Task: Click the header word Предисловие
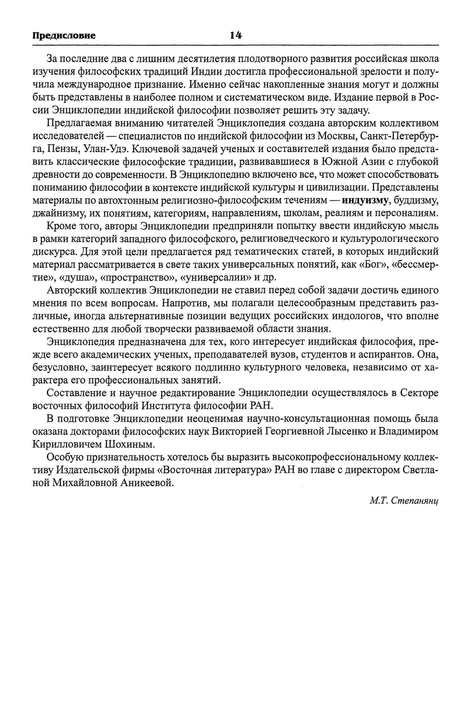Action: click(64, 35)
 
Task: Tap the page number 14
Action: click(235, 35)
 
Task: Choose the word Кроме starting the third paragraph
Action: click(61, 226)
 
